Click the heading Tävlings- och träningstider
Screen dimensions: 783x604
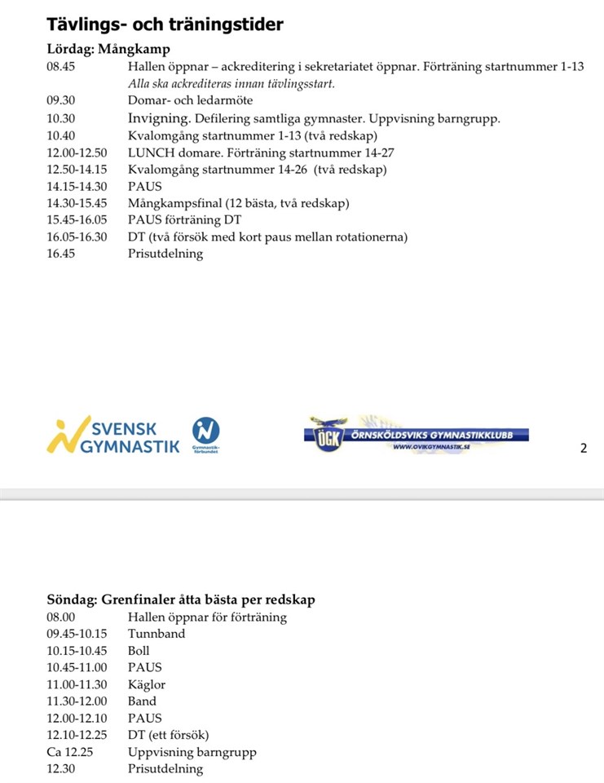[165, 24]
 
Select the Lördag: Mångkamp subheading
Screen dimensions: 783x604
[108, 49]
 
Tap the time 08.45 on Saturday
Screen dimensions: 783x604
[61, 67]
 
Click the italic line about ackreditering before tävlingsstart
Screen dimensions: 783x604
[231, 83]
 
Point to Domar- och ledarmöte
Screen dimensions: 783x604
[191, 100]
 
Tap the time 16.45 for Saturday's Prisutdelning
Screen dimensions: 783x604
[61, 254]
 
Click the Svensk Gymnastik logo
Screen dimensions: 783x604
[113, 436]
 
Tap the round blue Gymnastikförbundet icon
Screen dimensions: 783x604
[205, 431]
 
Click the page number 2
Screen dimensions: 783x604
[583, 448]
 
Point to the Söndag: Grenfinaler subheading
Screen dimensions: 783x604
[181, 600]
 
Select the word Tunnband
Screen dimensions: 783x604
[157, 634]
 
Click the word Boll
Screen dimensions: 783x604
[139, 651]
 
